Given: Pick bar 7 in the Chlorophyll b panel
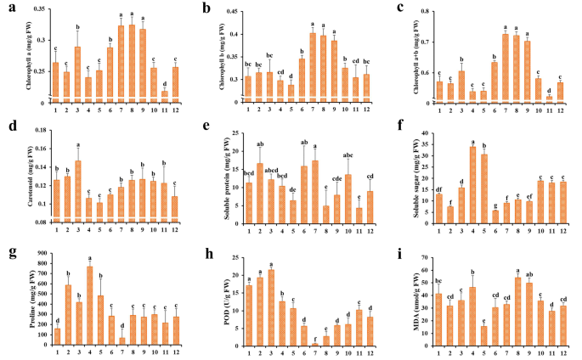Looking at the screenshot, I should point(313,68).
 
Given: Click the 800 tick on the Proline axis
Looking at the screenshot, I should point(34,261).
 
